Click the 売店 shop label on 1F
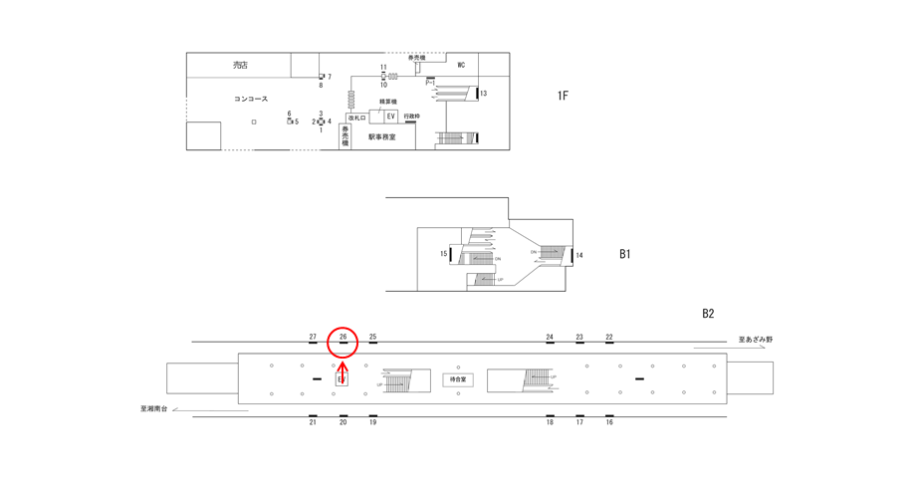pos(240,66)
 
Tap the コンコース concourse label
pos(251,100)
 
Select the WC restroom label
pos(461,66)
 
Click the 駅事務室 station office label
pos(381,137)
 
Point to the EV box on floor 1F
pos(391,117)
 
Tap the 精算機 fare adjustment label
pos(388,102)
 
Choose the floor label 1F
pos(563,96)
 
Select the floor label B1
pos(625,254)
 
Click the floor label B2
pos(708,314)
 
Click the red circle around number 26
pos(343,341)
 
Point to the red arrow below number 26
pos(343,372)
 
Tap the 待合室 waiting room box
pos(458,379)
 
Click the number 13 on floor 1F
pos(484,94)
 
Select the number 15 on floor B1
pos(444,254)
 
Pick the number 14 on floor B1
pos(579,255)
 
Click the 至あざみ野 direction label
pos(756,340)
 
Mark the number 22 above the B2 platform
pos(609,338)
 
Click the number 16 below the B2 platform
pos(609,422)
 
